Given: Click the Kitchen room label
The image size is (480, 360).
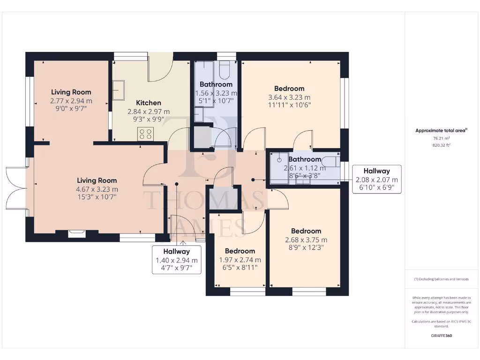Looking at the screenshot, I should pyautogui.click(x=149, y=103).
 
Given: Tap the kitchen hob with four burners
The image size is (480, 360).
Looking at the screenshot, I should pyautogui.click(x=145, y=134).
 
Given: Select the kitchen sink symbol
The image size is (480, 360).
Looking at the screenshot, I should pyautogui.click(x=118, y=90).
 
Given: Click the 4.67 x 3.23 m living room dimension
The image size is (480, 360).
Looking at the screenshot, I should pyautogui.click(x=97, y=189).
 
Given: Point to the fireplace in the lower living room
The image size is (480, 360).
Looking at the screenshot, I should pyautogui.click(x=76, y=233).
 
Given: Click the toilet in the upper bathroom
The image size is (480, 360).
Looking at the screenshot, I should pyautogui.click(x=224, y=71).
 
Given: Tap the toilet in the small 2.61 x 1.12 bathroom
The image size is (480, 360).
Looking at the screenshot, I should pyautogui.click(x=331, y=162).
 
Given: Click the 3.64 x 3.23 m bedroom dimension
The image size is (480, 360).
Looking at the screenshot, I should pyautogui.click(x=289, y=97).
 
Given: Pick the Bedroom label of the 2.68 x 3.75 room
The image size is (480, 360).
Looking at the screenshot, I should pyautogui.click(x=306, y=231).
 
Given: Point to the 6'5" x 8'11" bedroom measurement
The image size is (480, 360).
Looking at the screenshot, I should pyautogui.click(x=240, y=268).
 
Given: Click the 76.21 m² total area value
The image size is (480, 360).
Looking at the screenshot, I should pyautogui.click(x=442, y=139).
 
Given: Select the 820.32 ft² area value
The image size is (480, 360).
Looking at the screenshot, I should pyautogui.click(x=442, y=145).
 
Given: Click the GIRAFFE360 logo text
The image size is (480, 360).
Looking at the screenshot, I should pyautogui.click(x=442, y=336).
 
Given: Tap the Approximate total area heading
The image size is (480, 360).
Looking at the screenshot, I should pyautogui.click(x=441, y=131).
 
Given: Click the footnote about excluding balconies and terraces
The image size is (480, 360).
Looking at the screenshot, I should pyautogui.click(x=441, y=279).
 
